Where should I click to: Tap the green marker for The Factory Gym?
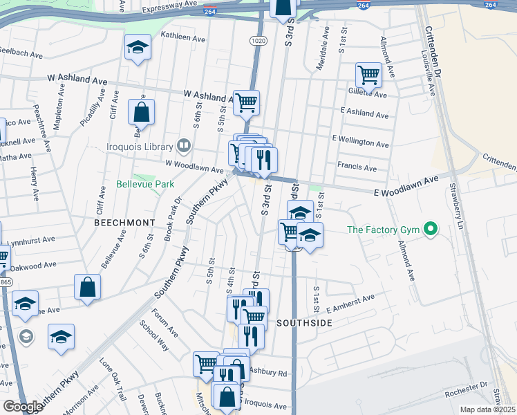pyautogui.click(x=431, y=229)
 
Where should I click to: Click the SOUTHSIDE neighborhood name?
pyautogui.click(x=305, y=323)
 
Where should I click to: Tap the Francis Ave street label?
pyautogui.click(x=357, y=167)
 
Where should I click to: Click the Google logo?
pyautogui.click(x=23, y=406)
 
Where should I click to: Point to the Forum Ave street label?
pyautogui.click(x=168, y=323)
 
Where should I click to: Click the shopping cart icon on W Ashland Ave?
pyautogui.click(x=246, y=103)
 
